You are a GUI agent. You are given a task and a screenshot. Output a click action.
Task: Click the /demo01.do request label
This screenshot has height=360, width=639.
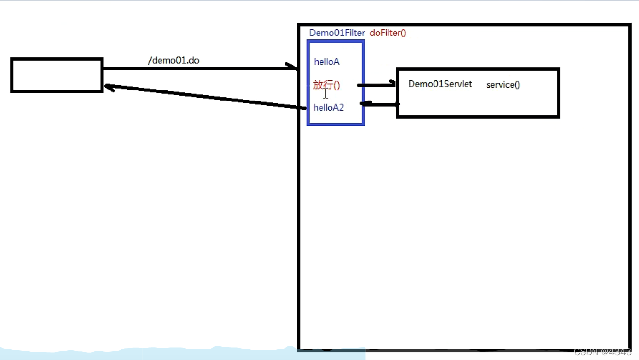173,61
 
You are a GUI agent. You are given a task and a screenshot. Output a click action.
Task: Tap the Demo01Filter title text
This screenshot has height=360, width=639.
337,33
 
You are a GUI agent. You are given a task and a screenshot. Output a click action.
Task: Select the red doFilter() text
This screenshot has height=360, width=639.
388,33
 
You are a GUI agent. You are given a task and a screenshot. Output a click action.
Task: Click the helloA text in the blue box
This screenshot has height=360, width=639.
327,62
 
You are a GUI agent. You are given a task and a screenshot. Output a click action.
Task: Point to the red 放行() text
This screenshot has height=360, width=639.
327,85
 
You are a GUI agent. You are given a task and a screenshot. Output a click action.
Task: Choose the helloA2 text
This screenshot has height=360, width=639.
329,107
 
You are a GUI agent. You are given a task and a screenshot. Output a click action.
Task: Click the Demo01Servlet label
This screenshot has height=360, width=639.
440,84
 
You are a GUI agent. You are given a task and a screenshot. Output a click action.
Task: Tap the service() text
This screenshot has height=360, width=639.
503,85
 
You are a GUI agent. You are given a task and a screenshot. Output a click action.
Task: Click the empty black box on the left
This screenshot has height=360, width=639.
57,75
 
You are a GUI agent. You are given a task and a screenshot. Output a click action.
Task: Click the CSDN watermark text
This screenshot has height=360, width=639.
603,352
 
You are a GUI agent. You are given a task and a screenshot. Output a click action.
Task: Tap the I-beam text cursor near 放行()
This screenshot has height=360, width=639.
326,92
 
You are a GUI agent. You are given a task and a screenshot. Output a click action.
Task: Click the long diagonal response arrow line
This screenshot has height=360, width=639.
206,97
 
